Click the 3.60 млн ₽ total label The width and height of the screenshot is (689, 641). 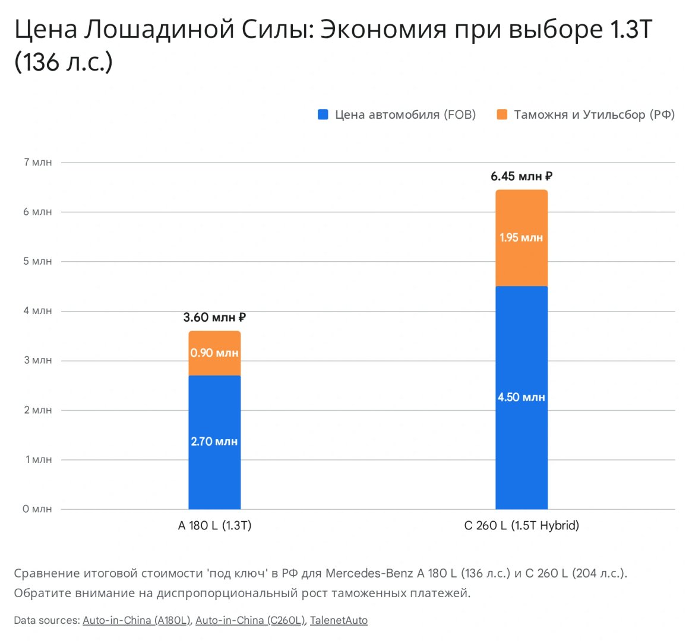click(214, 318)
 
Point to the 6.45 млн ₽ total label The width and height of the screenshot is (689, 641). click(522, 176)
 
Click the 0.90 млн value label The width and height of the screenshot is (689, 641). click(214, 353)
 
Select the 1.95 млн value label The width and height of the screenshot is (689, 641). click(522, 237)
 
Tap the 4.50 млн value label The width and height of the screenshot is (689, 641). click(522, 397)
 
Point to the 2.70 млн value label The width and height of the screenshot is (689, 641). click(214, 442)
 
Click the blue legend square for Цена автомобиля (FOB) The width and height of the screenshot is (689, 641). click(323, 115)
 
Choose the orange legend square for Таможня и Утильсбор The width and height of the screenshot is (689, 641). click(502, 115)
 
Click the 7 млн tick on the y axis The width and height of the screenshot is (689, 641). click(38, 162)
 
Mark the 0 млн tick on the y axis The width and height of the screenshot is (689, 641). click(37, 509)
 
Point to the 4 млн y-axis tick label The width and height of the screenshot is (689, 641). click(38, 311)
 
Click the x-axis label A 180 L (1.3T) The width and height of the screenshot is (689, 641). click(214, 525)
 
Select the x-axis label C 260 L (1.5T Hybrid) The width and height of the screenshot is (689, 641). click(522, 525)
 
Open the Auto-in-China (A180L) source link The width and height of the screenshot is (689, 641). click(137, 620)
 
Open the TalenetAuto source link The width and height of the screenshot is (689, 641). click(339, 620)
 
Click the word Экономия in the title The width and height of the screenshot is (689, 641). click(383, 30)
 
